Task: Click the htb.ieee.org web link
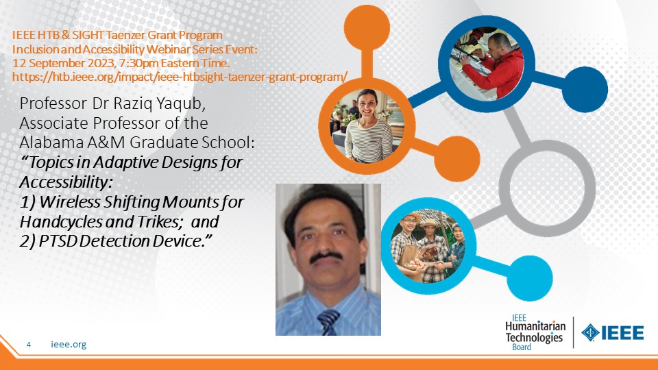click(x=180, y=77)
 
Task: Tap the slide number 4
click(x=29, y=345)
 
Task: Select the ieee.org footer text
click(x=69, y=345)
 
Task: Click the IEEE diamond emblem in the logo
click(x=590, y=333)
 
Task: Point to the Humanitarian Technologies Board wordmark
click(x=535, y=332)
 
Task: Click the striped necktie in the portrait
click(x=328, y=322)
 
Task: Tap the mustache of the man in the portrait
click(x=326, y=256)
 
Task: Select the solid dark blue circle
click(x=585, y=89)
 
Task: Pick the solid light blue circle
click(x=530, y=278)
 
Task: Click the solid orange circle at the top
click(x=367, y=27)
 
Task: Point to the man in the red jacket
click(x=494, y=66)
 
